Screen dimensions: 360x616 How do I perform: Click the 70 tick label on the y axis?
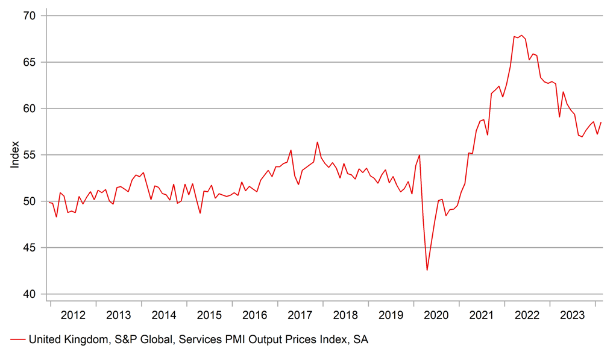[31, 15]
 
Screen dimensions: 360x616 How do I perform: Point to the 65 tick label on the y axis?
[31, 62]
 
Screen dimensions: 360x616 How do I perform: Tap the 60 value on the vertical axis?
[31, 109]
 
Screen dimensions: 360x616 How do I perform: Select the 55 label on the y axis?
[31, 155]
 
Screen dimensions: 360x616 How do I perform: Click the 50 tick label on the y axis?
[31, 201]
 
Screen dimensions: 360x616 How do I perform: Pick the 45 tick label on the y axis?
[31, 248]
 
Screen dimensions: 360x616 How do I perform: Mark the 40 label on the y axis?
[31, 294]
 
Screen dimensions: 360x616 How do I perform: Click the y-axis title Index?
[15, 155]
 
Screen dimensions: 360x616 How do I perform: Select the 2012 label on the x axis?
[73, 315]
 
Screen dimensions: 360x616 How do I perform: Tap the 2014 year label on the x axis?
[164, 315]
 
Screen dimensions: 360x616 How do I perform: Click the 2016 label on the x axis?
[254, 315]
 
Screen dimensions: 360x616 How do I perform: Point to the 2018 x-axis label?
[345, 315]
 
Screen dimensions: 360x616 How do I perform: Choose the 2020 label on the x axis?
[436, 315]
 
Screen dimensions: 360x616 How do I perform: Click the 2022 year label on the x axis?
[527, 315]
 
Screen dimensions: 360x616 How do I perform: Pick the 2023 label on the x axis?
[573, 315]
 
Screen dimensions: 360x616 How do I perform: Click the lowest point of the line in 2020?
[427, 270]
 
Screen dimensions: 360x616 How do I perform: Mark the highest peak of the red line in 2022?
[521, 35]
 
